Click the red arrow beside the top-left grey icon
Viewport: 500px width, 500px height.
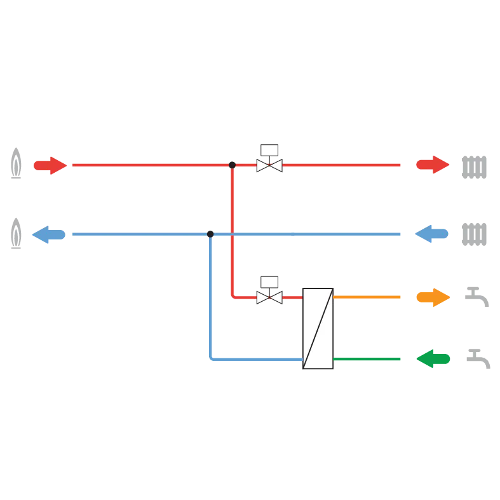click(50, 165)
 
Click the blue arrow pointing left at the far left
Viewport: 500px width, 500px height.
click(48, 234)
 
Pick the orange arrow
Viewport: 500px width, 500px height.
click(433, 297)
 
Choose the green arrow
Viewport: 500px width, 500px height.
click(433, 358)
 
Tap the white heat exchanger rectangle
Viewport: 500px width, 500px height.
click(318, 328)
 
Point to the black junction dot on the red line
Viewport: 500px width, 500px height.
click(233, 165)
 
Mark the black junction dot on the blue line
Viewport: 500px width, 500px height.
click(210, 234)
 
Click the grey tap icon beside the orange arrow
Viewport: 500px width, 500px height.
click(477, 297)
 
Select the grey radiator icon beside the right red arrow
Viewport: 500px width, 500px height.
click(474, 167)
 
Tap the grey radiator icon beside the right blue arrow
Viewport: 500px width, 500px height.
click(474, 234)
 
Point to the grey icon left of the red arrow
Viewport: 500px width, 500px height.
click(18, 166)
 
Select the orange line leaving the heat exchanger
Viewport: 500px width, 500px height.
click(367, 297)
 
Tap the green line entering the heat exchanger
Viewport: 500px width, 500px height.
click(367, 358)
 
